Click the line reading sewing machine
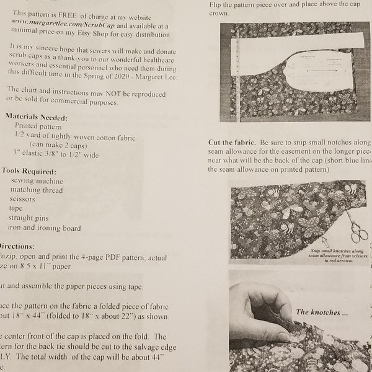tap(36, 180)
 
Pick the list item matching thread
tap(37, 190)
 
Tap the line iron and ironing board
tap(45, 228)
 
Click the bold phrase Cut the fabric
tap(231, 142)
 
